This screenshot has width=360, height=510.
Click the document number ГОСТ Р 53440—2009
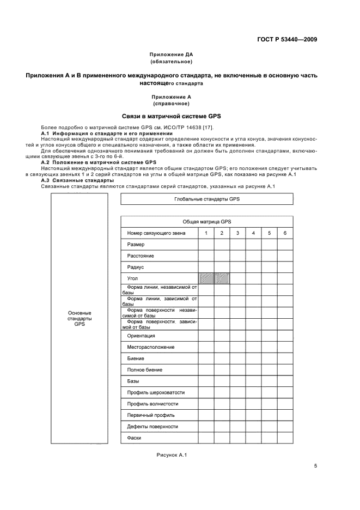(287, 40)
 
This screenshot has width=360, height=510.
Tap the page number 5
(315, 466)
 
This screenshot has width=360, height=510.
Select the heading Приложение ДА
(171, 55)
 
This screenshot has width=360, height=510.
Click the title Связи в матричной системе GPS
(171, 116)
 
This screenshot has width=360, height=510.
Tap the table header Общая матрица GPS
(206, 222)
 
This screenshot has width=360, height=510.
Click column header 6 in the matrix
(285, 233)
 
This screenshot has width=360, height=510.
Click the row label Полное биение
(144, 370)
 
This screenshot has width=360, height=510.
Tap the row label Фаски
(134, 438)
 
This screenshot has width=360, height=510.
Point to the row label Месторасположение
(151, 347)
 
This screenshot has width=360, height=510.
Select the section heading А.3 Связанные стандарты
(77, 180)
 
